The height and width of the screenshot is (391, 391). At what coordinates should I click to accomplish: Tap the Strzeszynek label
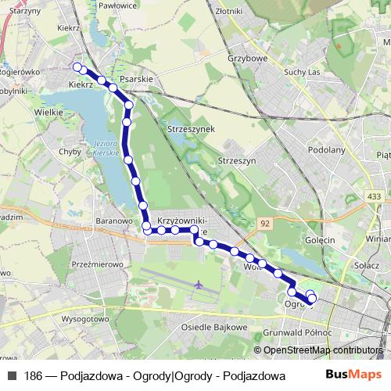[x=189, y=127]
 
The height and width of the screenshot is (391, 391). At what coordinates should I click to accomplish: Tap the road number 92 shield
[x=265, y=223]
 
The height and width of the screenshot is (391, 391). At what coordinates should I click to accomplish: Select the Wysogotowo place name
[x=85, y=319]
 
